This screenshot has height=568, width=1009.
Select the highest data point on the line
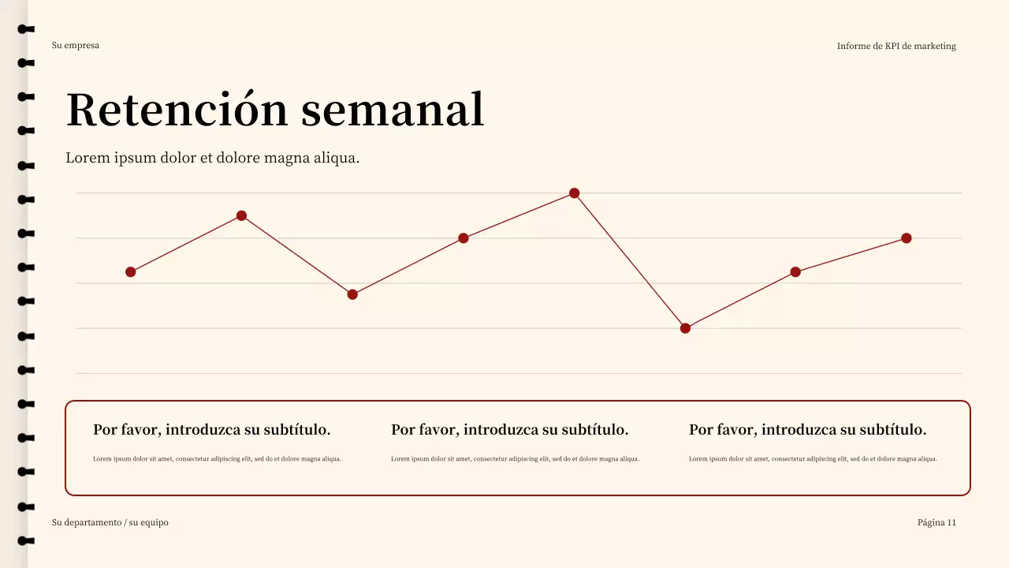(574, 193)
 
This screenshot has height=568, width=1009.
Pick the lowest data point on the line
(685, 328)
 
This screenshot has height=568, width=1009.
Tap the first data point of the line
(131, 272)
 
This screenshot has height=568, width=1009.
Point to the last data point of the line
(907, 238)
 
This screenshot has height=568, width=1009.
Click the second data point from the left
(242, 216)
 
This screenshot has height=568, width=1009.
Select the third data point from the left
(352, 294)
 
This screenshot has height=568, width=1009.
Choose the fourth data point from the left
(464, 238)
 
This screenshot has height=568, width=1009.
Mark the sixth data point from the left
(685, 328)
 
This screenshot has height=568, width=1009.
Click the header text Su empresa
(76, 46)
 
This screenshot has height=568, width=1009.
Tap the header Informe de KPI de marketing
(896, 47)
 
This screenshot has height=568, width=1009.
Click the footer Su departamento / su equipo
(110, 522)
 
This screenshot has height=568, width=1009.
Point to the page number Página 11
(936, 522)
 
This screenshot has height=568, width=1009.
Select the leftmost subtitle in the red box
(211, 430)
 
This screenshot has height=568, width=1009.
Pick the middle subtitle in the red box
(509, 430)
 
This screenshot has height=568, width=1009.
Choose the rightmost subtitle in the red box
(807, 430)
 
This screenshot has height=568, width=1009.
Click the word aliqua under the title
(337, 158)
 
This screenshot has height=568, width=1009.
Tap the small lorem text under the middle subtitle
(515, 459)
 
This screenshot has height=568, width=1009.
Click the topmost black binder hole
(27, 29)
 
